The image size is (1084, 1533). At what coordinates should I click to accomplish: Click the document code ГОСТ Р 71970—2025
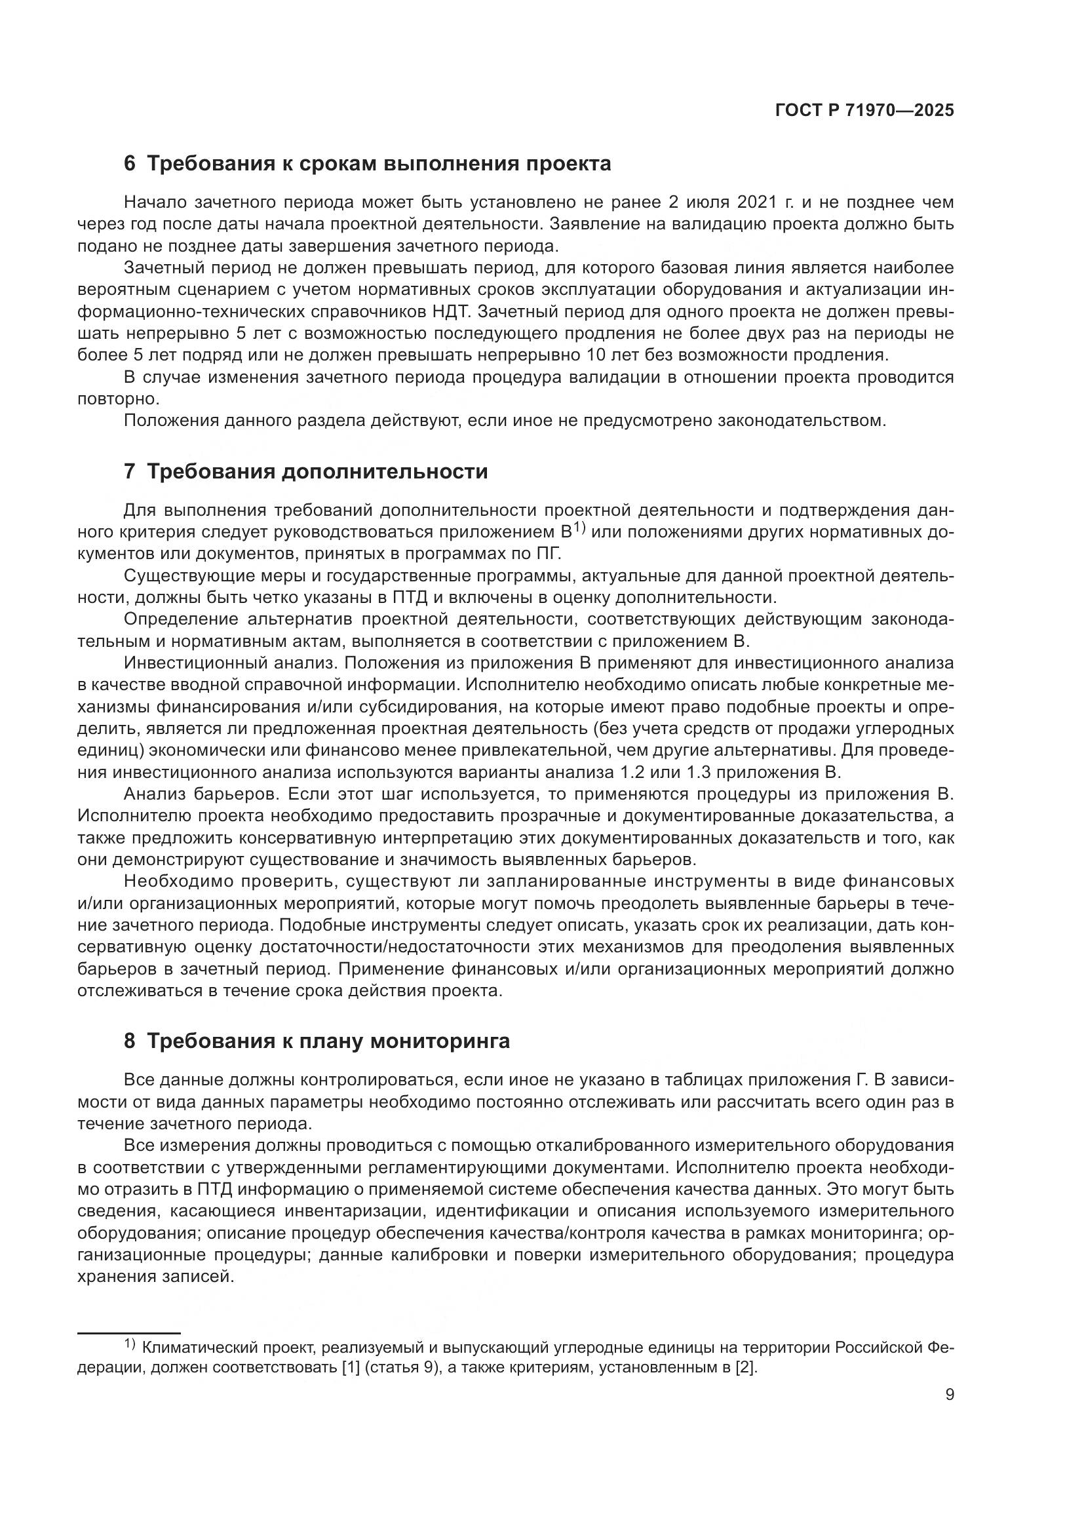pos(864,111)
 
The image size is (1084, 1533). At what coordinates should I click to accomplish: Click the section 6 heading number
pos(130,164)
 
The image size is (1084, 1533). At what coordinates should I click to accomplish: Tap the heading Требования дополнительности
pos(317,471)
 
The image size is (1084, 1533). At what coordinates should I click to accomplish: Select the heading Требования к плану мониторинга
pos(328,1041)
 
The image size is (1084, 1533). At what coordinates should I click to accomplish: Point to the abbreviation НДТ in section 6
pos(455,312)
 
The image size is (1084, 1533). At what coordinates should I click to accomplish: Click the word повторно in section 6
pos(118,399)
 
